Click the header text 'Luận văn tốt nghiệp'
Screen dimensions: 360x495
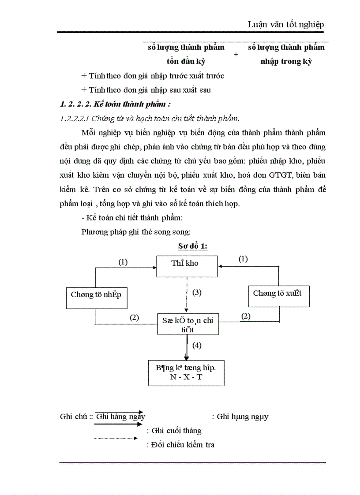286,25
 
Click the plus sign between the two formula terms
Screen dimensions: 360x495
236,54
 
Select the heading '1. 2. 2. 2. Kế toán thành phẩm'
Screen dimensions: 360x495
115,104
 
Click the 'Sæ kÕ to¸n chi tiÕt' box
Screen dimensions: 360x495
188,324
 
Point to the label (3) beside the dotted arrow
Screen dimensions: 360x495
197,292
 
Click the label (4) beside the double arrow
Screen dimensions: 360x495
197,345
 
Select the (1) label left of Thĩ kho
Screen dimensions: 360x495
123,262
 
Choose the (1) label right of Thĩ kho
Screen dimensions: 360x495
243,259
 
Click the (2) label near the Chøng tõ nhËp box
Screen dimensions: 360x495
135,317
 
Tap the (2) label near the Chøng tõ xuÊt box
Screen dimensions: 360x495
246,316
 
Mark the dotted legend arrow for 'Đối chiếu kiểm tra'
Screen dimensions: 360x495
116,438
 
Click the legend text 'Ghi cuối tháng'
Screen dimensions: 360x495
174,431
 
